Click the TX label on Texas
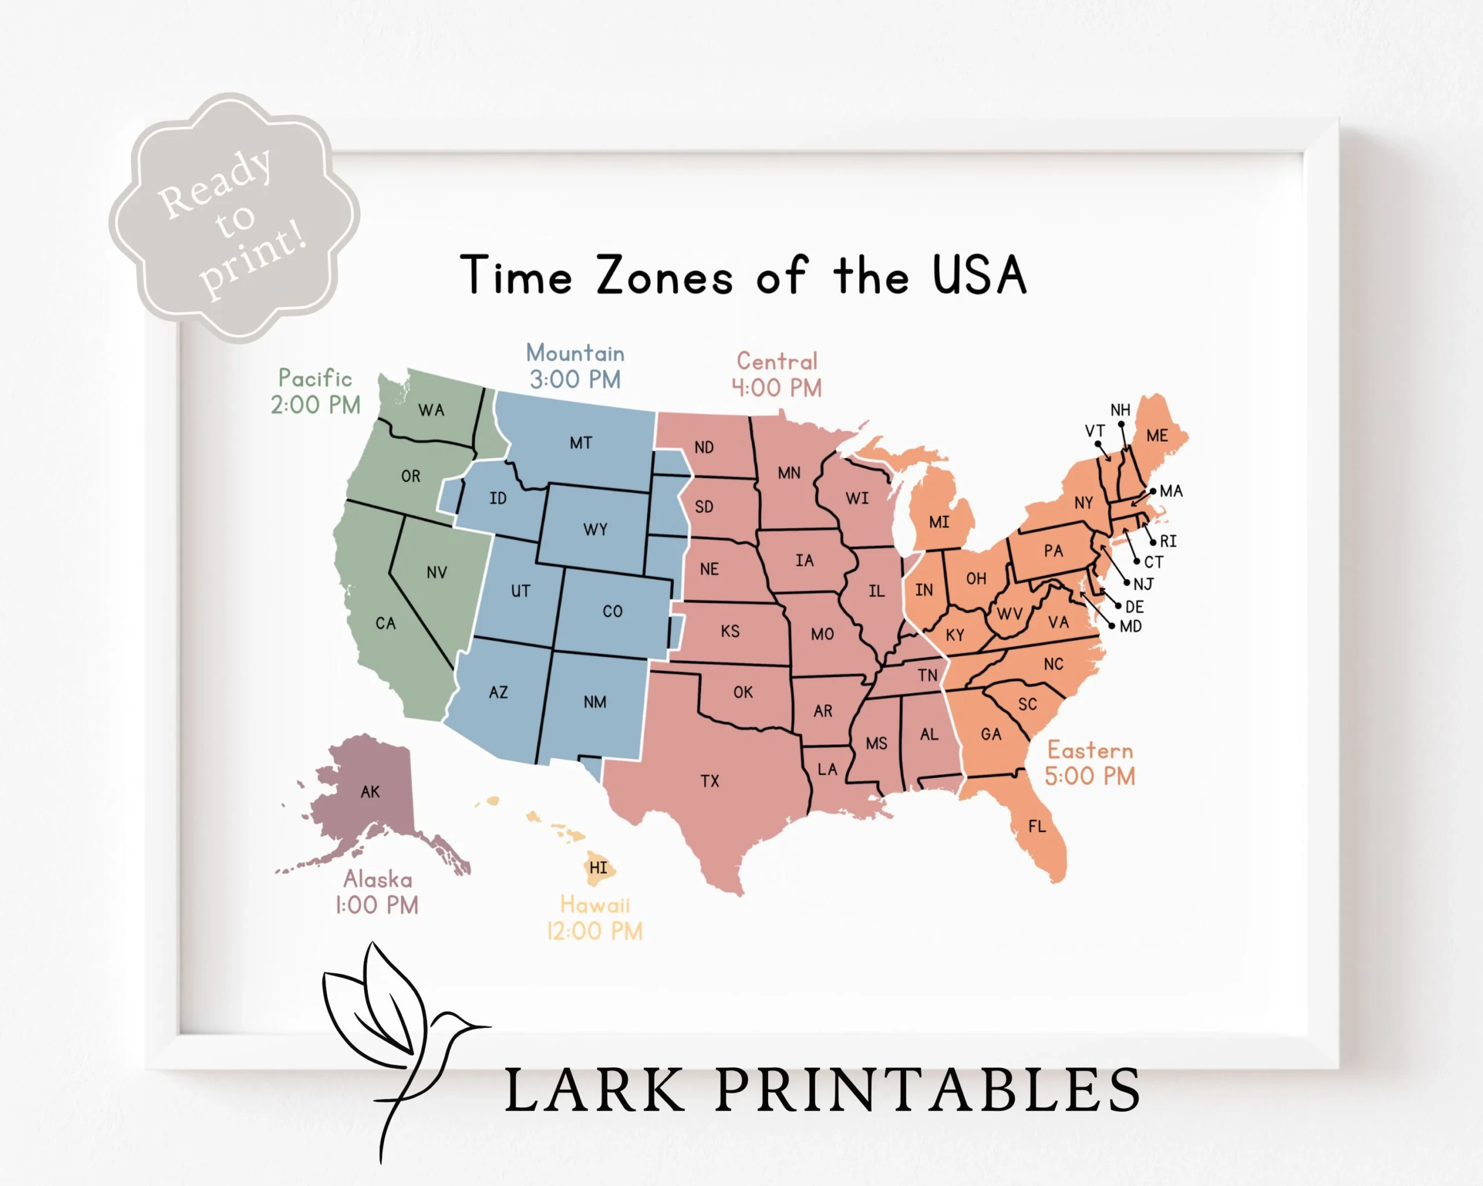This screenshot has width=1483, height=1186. tap(710, 781)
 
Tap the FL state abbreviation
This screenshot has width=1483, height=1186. tap(1038, 826)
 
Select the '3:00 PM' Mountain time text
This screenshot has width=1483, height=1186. tap(575, 379)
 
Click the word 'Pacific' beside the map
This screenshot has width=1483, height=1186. tap(315, 378)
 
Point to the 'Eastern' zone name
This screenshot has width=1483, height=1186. tap(1090, 750)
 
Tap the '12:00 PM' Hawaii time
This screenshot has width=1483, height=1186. tap(595, 932)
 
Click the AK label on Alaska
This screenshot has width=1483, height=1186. tap(370, 792)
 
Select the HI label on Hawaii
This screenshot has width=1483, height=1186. tap(598, 867)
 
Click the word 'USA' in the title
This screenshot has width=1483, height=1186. tap(980, 276)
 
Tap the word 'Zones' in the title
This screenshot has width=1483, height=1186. tap(664, 276)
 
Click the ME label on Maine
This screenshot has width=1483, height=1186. tap(1157, 436)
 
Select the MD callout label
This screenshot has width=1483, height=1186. tap(1131, 627)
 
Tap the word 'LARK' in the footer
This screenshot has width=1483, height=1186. tap(595, 1090)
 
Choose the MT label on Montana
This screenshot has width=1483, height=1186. tap(580, 444)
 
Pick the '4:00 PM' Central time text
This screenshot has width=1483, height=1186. tap(777, 389)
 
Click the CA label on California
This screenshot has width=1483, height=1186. tap(385, 624)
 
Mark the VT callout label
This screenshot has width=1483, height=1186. tap(1094, 431)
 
